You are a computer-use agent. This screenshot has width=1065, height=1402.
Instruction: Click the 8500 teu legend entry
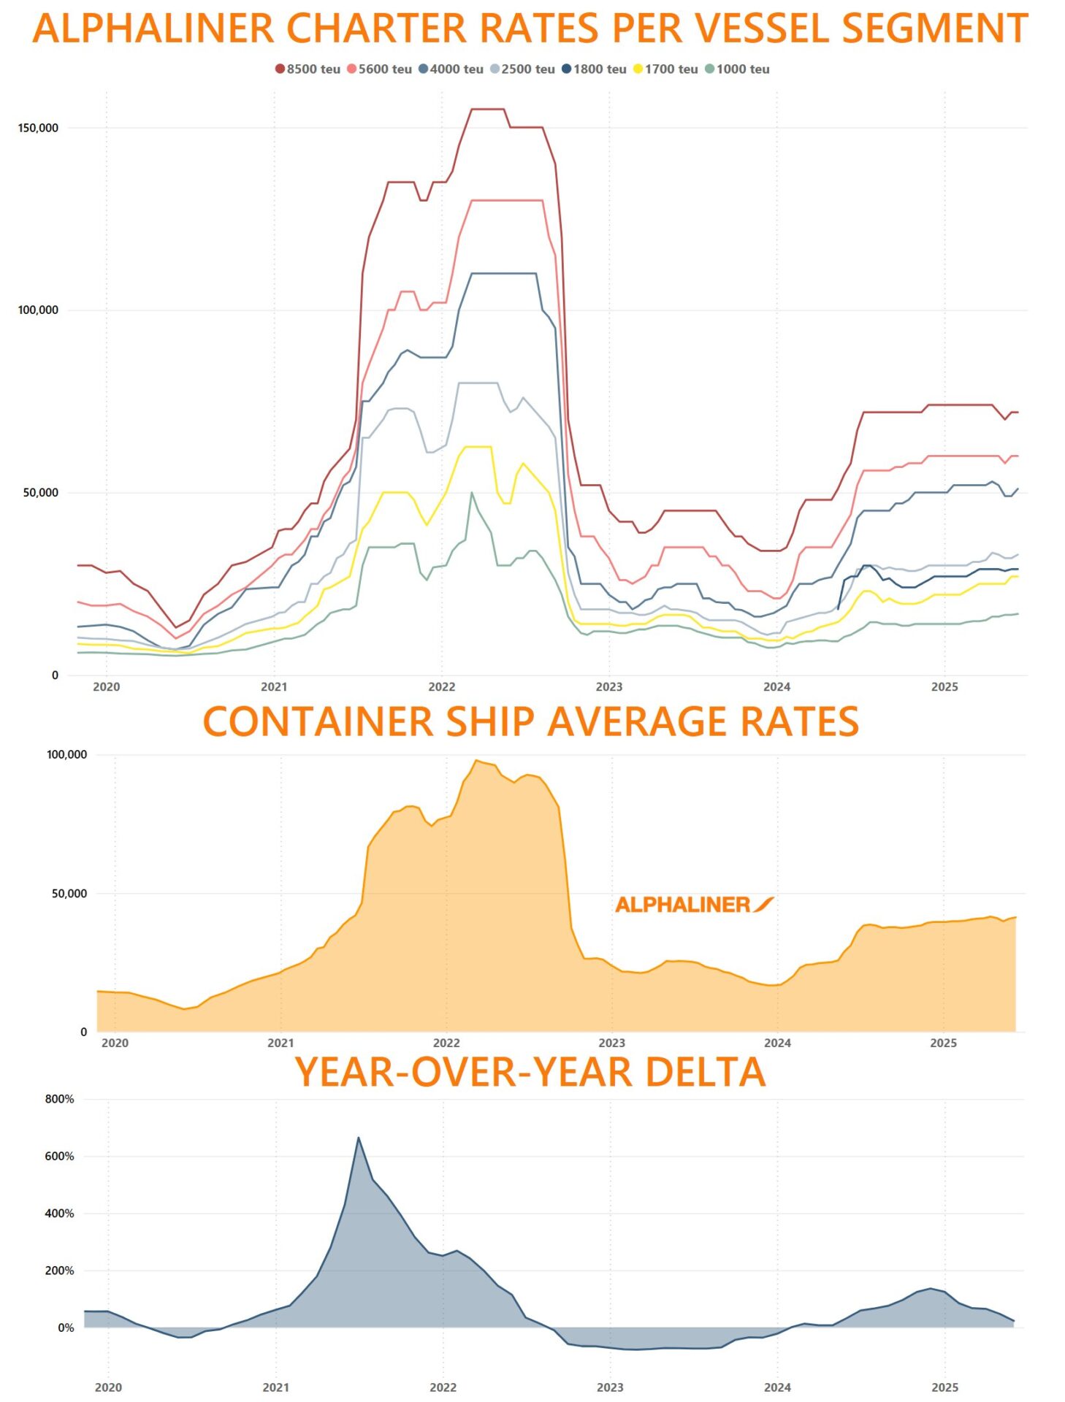(308, 69)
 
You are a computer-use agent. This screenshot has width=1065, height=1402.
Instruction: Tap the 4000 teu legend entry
(451, 69)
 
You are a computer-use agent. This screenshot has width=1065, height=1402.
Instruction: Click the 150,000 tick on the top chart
(38, 128)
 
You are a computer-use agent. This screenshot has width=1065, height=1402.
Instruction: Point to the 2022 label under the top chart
(441, 687)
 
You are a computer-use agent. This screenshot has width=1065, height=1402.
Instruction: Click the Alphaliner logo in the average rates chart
(694, 905)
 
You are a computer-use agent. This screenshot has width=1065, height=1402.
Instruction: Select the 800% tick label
(59, 1099)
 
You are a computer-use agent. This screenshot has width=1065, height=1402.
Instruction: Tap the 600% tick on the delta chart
(59, 1157)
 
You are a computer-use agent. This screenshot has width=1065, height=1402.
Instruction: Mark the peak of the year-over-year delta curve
(358, 1138)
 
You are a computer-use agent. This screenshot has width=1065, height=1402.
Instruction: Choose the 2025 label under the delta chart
(944, 1387)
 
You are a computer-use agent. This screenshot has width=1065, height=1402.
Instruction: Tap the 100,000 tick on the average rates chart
(66, 754)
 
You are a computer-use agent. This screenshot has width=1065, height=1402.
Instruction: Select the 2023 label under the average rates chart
(611, 1043)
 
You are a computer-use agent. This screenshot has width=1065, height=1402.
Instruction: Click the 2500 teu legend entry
(522, 69)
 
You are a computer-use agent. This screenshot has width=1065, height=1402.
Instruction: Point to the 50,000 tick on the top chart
(40, 493)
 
